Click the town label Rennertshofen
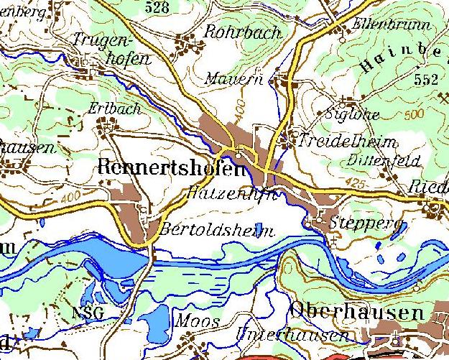170,168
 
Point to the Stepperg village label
364,223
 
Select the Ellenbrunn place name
391,24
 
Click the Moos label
196,320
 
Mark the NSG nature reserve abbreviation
88,313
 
